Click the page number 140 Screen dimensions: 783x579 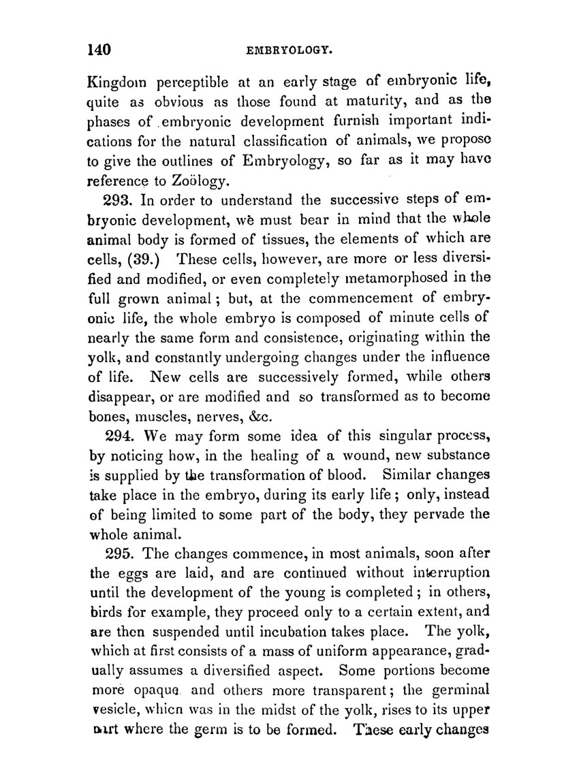pos(99,50)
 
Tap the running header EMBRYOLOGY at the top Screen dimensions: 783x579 pos(289,50)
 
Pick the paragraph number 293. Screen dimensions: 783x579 pos(121,200)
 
